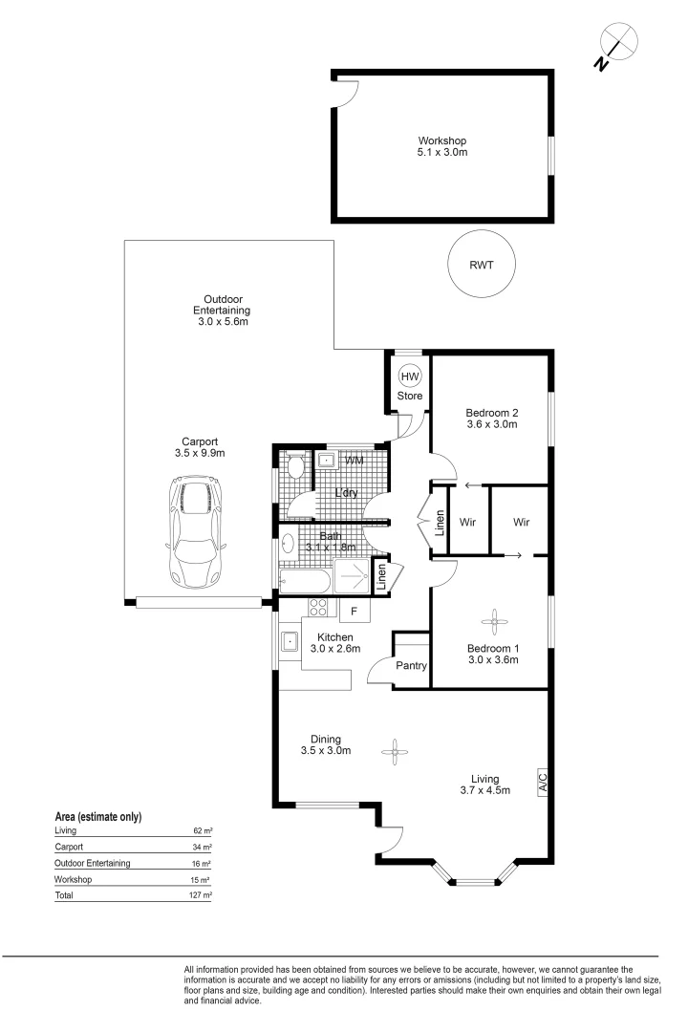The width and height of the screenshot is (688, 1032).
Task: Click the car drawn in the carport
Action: point(196,532)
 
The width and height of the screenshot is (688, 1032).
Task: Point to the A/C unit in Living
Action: point(543,782)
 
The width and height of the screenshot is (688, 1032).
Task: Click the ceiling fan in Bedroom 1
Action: point(493,621)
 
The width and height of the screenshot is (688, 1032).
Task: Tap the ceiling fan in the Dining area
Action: point(395,752)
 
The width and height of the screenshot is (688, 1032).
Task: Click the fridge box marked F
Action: point(355,611)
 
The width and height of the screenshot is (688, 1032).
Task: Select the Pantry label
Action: point(412,665)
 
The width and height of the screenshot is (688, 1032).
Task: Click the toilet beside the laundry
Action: point(296,466)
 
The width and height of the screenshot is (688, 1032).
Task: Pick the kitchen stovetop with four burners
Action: point(318,607)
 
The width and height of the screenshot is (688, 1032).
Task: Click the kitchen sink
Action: point(289,640)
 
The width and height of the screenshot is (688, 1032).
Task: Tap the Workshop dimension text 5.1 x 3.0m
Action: point(442,152)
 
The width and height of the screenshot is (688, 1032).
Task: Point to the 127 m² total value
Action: point(200,895)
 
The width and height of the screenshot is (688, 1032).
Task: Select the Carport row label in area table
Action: point(69,847)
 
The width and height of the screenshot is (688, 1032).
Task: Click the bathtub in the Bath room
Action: point(305,582)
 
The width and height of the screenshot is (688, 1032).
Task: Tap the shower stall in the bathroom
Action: point(353,576)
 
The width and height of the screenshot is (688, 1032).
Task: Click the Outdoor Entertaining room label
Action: point(222,305)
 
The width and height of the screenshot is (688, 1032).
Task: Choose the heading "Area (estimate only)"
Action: point(98,817)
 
